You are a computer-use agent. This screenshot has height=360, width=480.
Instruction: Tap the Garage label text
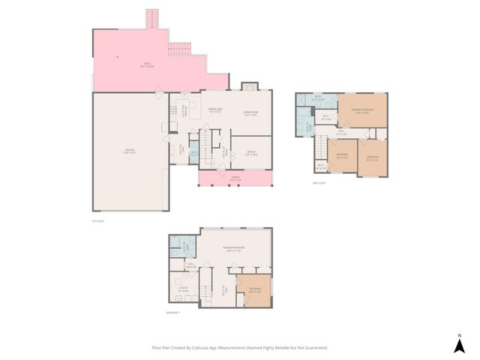[130, 152]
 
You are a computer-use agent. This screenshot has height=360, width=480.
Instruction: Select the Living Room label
[250, 115]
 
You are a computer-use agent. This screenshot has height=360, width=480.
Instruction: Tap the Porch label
[235, 179]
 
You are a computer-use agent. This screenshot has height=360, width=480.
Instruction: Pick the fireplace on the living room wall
[249, 86]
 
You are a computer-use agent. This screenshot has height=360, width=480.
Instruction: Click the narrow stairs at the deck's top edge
[152, 16]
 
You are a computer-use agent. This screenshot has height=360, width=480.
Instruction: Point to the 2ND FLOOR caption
[319, 182]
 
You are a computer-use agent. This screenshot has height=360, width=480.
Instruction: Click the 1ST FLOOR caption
[97, 220]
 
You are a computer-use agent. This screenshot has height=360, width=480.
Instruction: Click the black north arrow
[460, 346]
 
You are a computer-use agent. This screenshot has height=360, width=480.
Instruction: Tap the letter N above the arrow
[460, 334]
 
